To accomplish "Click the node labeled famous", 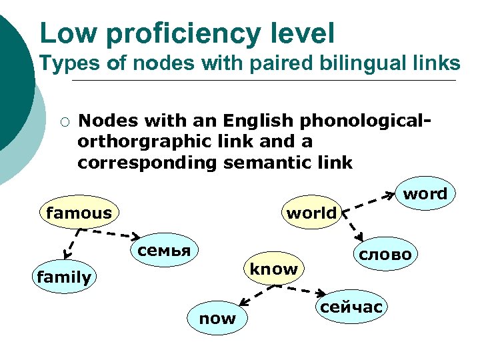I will (79, 213).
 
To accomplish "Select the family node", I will (64, 277).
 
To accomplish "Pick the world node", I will (311, 214).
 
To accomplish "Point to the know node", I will (273, 269).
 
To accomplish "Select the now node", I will (217, 319).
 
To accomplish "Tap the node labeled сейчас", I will (352, 307).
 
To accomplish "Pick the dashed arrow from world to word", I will (370, 203).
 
